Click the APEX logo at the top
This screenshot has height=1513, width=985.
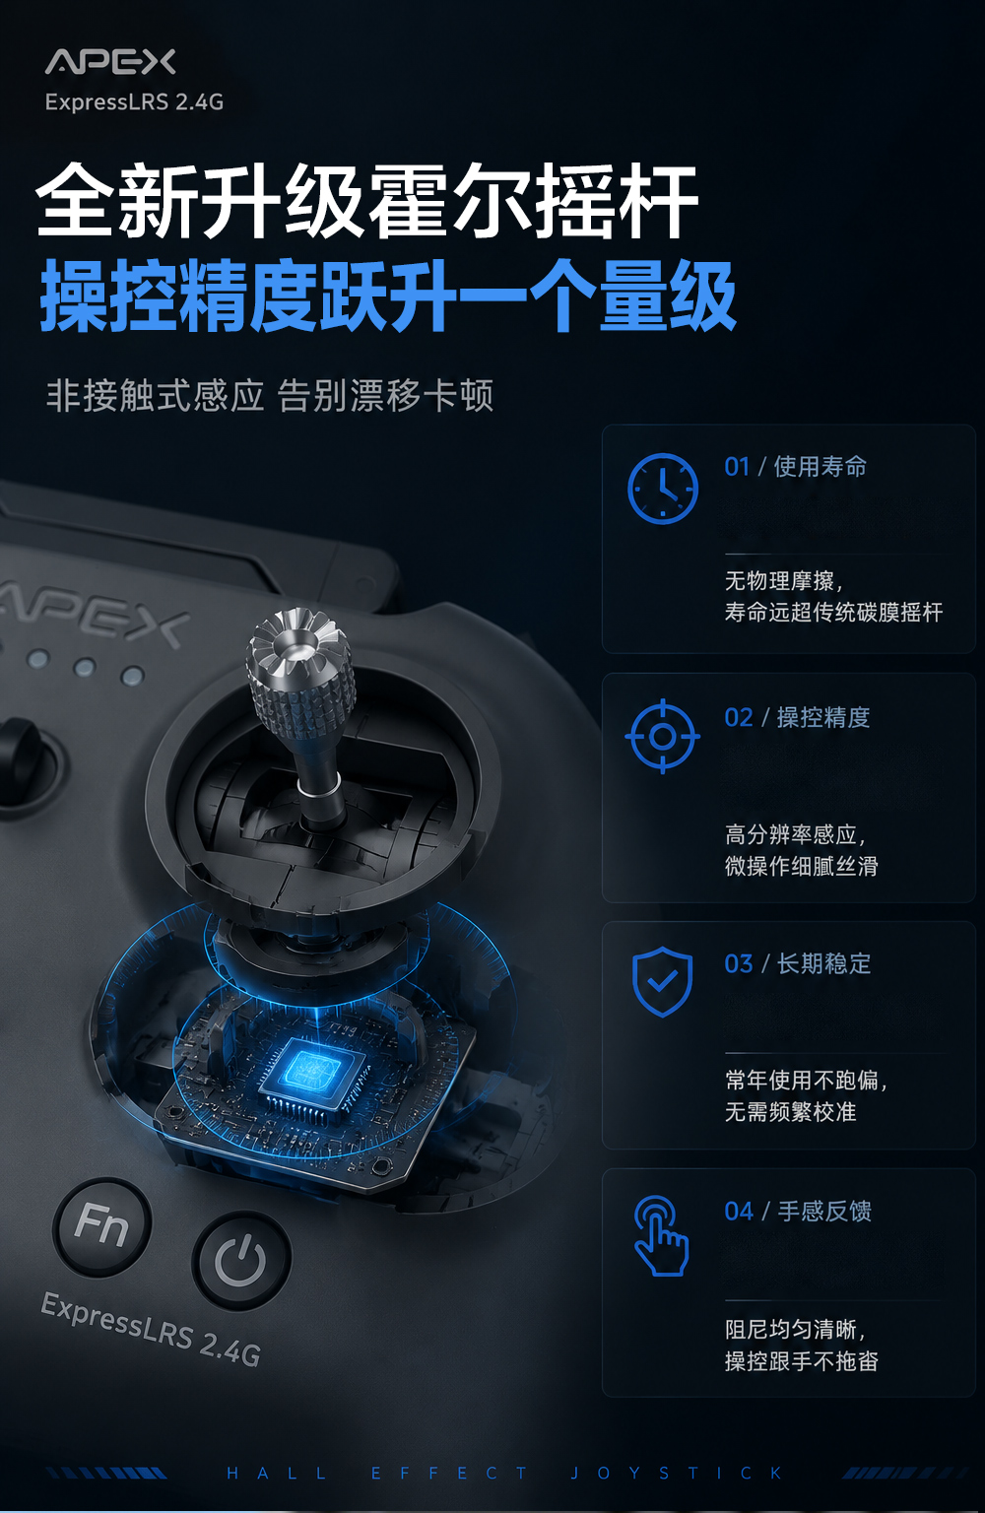click(110, 62)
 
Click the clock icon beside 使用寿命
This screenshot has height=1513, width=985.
click(662, 488)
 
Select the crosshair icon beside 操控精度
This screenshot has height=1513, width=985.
click(662, 736)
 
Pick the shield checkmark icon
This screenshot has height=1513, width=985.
click(662, 981)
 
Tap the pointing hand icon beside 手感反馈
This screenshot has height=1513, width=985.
click(661, 1235)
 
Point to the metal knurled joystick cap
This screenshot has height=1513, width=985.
click(300, 672)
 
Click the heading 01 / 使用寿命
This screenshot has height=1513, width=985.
click(795, 466)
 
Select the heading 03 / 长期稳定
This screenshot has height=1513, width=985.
click(797, 964)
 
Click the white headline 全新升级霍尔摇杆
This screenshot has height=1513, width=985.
click(366, 200)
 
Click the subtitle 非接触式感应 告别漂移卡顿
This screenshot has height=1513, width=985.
click(270, 395)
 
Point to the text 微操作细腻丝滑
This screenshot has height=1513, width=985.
click(801, 866)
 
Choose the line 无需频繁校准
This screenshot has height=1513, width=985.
click(790, 1111)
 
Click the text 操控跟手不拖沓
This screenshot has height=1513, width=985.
click(801, 1360)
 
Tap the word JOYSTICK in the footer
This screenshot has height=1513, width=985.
click(677, 1474)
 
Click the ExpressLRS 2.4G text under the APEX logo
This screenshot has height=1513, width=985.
click(134, 102)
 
